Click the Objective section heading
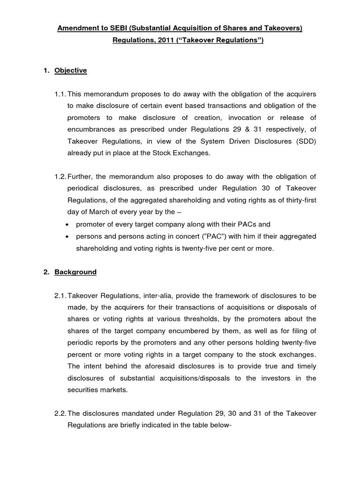pyautogui.click(x=70, y=70)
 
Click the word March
pyautogui.click(x=102, y=212)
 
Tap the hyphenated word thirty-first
pyautogui.click(x=296, y=200)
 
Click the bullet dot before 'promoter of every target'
pyautogui.click(x=69, y=225)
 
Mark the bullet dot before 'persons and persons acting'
pyautogui.click(x=69, y=237)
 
